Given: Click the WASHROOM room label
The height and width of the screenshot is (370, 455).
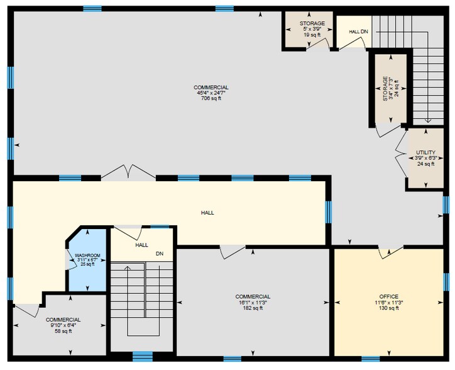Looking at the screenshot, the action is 87,255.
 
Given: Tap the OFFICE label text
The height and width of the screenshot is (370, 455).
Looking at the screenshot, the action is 389,297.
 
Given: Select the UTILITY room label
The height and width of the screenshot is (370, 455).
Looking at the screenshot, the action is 425,152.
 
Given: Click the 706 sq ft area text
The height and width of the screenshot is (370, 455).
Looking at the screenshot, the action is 211,98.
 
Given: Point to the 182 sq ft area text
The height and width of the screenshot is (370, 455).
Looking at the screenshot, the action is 253,308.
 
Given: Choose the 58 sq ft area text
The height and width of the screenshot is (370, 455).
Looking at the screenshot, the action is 63,331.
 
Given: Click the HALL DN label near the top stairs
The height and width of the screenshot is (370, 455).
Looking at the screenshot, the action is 358,31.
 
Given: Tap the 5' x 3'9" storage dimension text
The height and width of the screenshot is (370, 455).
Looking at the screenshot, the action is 312,29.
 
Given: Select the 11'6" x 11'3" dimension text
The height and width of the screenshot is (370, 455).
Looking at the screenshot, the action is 389,302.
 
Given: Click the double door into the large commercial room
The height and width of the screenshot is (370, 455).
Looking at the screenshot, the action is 128,172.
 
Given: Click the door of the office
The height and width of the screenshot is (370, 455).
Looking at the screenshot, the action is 390,252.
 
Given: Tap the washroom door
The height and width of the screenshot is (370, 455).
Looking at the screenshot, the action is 70,259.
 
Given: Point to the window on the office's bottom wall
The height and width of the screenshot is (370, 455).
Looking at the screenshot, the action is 371,359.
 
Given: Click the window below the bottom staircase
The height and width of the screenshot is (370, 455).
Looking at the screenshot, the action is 143,356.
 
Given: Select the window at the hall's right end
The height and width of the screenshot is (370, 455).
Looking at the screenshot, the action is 328,212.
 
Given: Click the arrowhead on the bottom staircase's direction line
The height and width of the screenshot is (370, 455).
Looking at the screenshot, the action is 128,267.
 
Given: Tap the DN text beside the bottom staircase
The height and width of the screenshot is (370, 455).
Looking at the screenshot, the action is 160,254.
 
